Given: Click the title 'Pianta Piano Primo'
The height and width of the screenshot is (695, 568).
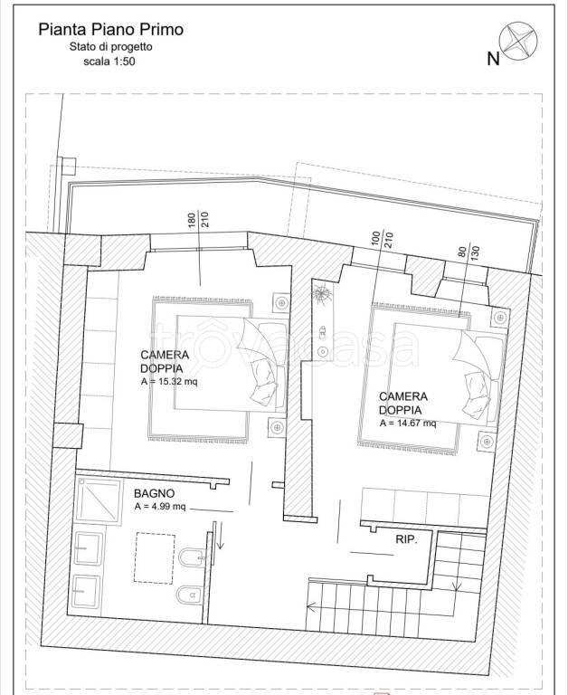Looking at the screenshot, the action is tap(110, 30).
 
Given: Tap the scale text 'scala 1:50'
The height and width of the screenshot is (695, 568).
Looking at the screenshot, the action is tap(109, 62).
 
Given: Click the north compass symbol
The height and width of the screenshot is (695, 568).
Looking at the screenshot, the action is tap(518, 42).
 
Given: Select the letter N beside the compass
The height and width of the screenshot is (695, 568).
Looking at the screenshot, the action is tap(493, 59).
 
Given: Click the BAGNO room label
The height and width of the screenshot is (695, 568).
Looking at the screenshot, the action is tap(154, 493).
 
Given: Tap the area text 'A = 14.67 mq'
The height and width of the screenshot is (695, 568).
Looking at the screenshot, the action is tap(408, 423).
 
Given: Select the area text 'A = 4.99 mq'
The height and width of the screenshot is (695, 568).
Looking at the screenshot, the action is tap(160, 506).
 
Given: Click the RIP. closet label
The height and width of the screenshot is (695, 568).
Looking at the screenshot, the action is tap(406, 539).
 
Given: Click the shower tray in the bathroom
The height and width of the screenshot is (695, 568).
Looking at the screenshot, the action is tap(99, 500).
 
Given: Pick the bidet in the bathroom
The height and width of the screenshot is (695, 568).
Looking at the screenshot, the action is tap(192, 557).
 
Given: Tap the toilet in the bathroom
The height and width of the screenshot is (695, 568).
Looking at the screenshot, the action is tap(191, 595).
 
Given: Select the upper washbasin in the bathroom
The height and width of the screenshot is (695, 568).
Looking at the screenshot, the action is tap(89, 548).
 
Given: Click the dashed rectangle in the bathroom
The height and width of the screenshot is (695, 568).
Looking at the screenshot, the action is tap(154, 558).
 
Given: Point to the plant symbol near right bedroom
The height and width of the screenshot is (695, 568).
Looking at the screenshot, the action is tap(321, 293).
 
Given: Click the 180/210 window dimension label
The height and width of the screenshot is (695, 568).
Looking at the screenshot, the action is tap(198, 220).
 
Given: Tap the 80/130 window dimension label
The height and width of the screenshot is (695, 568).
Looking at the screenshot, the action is tap(469, 252).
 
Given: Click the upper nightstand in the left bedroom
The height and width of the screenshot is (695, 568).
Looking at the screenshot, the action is tap(281, 303).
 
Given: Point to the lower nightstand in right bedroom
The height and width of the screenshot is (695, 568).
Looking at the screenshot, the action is tap(487, 442).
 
